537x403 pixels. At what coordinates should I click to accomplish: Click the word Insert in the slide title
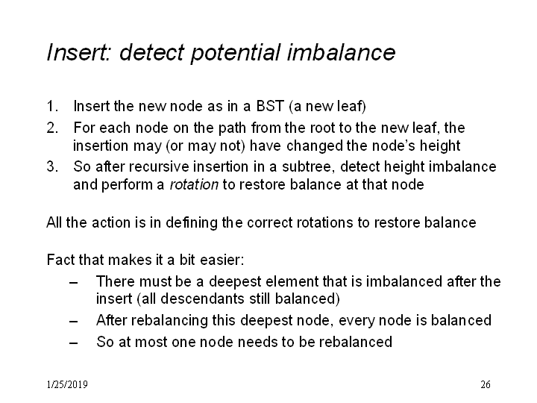point(79,52)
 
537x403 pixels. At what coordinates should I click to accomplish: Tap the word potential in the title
point(236,54)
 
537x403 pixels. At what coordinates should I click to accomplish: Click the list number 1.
point(51,106)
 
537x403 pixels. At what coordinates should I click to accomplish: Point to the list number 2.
point(52,128)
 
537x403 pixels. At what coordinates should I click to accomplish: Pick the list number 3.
point(52,166)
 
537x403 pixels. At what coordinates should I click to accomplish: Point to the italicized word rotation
point(194,185)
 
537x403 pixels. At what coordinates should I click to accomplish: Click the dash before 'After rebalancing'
point(73,322)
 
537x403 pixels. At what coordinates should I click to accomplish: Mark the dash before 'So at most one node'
point(73,343)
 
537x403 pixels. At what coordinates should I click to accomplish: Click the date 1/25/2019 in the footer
point(67,384)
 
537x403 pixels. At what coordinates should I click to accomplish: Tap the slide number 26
point(486,384)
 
